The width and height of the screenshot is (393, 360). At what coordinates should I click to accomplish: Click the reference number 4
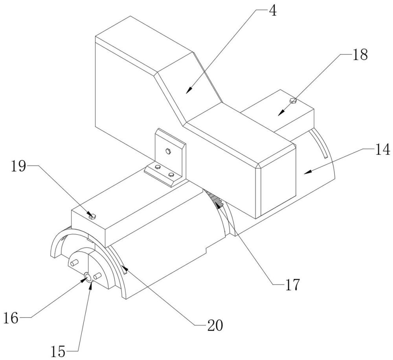(273, 11)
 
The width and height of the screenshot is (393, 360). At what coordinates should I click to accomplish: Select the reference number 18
(360, 54)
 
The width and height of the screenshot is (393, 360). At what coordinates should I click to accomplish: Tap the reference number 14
(382, 150)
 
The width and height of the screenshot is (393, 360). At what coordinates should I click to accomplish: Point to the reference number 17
(292, 284)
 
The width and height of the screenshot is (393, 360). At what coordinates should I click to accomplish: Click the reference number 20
(215, 325)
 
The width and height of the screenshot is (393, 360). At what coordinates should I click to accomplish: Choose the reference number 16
(11, 318)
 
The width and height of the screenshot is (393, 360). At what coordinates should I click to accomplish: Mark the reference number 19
(18, 166)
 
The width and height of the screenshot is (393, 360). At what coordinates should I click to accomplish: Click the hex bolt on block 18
(293, 101)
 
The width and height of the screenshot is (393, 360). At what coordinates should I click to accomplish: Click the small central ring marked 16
(88, 277)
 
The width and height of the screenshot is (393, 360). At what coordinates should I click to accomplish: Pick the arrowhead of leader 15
(91, 285)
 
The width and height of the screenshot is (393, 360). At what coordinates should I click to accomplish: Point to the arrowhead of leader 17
(219, 205)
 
